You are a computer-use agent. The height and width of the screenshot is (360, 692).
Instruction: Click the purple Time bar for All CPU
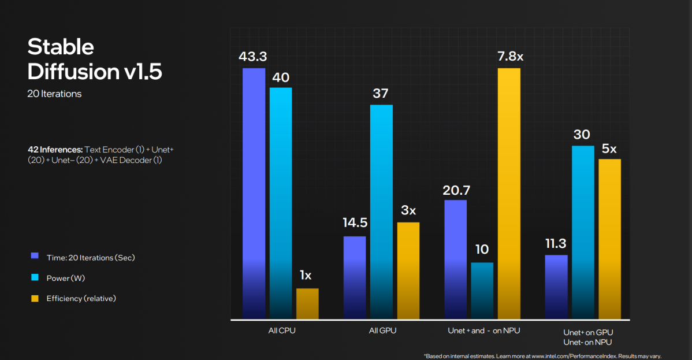(x=254, y=193)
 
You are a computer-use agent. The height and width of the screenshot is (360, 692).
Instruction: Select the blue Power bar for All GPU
(x=381, y=211)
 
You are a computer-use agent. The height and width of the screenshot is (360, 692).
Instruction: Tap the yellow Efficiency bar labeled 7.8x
(x=509, y=193)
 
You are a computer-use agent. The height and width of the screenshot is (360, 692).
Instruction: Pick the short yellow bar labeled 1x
(x=307, y=303)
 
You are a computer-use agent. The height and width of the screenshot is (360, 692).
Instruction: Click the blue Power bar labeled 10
(x=482, y=291)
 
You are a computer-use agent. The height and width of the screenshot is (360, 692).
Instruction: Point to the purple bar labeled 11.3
(x=556, y=287)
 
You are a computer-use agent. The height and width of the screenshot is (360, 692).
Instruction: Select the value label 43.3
(x=254, y=57)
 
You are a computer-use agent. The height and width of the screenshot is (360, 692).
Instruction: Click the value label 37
(x=381, y=94)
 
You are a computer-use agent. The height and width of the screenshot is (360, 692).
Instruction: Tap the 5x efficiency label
(x=609, y=149)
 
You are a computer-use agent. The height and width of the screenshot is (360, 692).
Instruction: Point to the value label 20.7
(x=455, y=189)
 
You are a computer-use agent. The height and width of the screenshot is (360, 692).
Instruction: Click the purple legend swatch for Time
(x=35, y=257)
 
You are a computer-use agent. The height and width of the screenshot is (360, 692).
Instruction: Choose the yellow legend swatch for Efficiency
(x=35, y=298)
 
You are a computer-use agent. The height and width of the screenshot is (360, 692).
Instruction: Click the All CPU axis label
(x=281, y=331)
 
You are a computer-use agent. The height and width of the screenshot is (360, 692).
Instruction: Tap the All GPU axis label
(x=382, y=331)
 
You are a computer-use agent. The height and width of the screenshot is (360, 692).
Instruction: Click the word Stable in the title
(x=61, y=47)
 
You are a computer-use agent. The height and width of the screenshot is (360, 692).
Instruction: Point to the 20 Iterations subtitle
(x=54, y=94)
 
